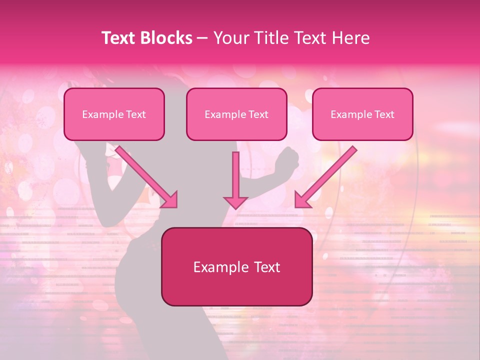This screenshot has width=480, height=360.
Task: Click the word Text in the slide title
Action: click(x=119, y=38)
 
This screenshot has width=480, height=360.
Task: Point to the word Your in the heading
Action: click(x=229, y=38)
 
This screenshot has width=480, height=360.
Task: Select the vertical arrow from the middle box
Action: click(x=235, y=175)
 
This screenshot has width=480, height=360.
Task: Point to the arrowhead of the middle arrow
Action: click(x=235, y=202)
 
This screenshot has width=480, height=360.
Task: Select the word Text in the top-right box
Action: click(x=384, y=114)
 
